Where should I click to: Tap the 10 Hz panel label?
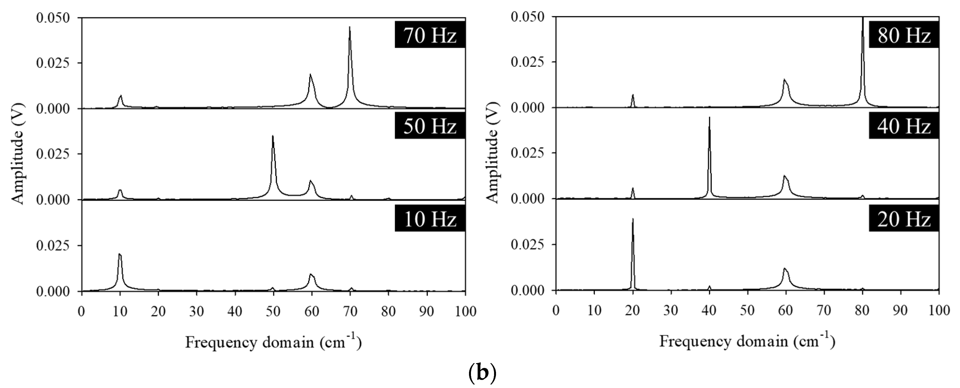430,219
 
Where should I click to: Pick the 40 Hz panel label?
904,127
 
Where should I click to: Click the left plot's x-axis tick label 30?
197,311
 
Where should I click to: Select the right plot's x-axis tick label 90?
900,310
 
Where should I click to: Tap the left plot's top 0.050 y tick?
53,18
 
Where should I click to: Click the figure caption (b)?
482,374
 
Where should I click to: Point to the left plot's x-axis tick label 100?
465,311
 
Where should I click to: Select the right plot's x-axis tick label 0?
556,310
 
